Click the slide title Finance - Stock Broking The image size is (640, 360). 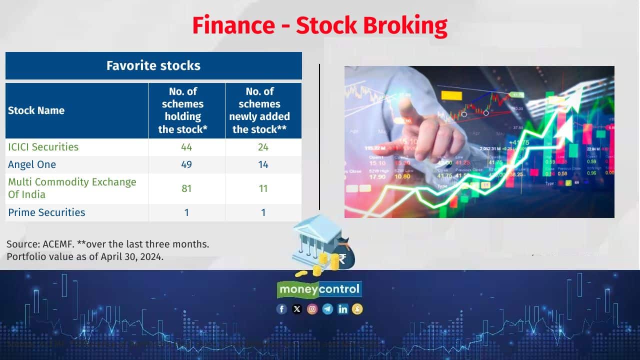coord(320,25)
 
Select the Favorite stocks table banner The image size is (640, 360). coord(153,65)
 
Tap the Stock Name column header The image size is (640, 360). coord(36,110)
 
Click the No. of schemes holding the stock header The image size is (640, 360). coord(186,110)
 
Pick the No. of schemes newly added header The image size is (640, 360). coord(263,110)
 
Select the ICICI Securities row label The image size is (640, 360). coord(43,147)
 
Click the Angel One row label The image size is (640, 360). coord(32,164)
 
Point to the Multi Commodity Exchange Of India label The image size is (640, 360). coord(71,188)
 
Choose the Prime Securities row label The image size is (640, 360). coord(46,212)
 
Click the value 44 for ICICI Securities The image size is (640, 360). coord(186,147)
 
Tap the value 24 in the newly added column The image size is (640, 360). coord(263,147)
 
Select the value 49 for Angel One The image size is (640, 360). coord(186,164)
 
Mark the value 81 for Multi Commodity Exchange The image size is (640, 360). coord(186,188)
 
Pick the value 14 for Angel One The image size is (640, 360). coord(263,164)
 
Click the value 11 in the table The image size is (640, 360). coord(263,188)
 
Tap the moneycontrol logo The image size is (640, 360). coord(319,289)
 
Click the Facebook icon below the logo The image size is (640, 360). coord(281,309)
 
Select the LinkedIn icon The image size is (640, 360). coord(342,309)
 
